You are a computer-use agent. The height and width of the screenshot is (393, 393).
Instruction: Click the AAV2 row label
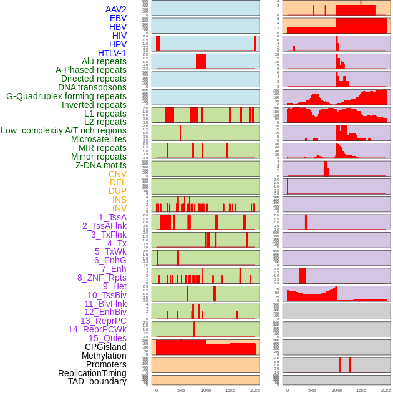(x=115, y=9)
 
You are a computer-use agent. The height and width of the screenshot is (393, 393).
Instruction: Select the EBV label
(x=118, y=18)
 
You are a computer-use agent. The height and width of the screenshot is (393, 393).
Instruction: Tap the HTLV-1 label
(x=112, y=53)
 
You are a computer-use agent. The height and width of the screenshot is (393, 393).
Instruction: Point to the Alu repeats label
(x=104, y=62)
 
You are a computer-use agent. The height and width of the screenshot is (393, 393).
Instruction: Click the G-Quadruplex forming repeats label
(x=66, y=96)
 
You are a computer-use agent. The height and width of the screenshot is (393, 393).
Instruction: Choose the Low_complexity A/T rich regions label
(x=64, y=130)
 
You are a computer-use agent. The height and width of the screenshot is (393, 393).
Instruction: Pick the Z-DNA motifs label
(x=100, y=165)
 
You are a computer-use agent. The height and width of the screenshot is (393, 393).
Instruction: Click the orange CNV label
(x=117, y=174)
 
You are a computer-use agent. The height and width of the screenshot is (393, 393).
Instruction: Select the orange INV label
(x=119, y=208)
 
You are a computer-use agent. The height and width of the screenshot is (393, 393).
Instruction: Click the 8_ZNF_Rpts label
(x=102, y=278)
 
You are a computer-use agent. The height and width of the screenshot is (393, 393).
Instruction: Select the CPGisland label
(x=105, y=347)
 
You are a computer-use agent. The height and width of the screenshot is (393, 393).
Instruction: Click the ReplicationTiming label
(x=92, y=373)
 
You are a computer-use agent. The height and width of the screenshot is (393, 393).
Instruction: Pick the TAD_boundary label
(x=97, y=381)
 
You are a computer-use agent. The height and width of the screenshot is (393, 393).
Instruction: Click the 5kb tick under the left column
(x=181, y=390)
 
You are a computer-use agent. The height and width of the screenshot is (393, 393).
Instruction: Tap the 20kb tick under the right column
(x=386, y=390)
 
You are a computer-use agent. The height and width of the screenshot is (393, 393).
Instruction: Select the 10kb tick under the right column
(x=336, y=390)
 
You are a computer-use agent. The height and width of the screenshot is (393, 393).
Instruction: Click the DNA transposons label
(x=92, y=87)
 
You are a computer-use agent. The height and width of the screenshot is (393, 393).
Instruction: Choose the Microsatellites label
(x=99, y=139)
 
